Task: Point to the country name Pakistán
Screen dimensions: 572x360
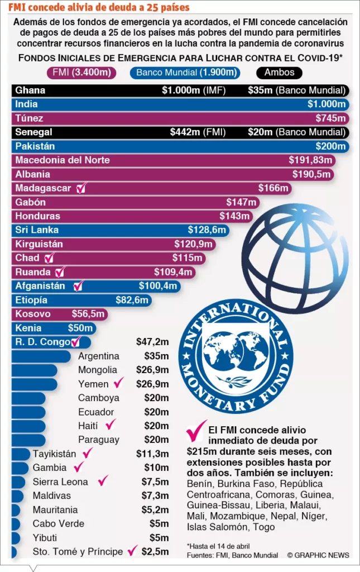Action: [x=35, y=146]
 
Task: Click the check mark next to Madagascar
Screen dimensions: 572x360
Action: [x=81, y=188]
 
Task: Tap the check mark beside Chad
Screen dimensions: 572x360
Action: [x=50, y=258]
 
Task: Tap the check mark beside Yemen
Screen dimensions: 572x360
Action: [x=118, y=384]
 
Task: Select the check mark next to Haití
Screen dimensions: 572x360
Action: [x=111, y=425]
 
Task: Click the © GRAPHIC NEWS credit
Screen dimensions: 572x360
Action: [x=318, y=555]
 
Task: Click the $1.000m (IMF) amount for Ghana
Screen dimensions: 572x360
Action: [x=193, y=90]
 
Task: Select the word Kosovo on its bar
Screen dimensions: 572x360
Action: [x=33, y=314]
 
